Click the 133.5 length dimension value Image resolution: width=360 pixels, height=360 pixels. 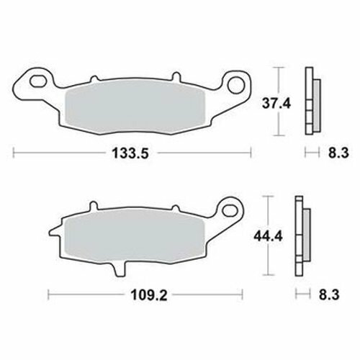(130, 153)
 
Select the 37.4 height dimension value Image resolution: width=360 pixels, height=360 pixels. (276, 104)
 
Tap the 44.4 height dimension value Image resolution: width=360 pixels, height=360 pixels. (269, 237)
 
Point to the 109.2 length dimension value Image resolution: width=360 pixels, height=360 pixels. (148, 295)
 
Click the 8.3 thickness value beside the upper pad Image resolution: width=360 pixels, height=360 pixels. (338, 153)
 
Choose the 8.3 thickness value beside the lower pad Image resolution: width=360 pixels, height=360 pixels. (329, 294)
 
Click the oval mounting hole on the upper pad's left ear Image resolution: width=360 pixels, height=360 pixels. (37, 81)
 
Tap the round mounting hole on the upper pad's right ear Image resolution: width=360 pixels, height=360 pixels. (235, 85)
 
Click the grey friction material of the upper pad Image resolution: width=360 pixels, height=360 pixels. (135, 107)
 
